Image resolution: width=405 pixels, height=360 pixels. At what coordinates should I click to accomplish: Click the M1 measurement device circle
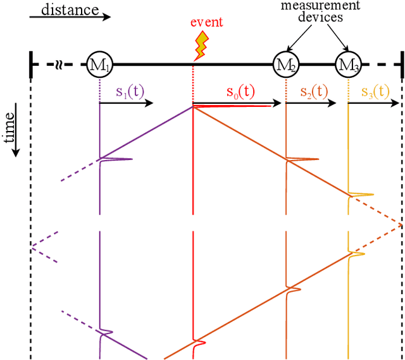pyautogui.click(x=99, y=64)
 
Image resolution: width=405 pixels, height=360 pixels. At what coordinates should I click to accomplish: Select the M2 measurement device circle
pyautogui.click(x=285, y=64)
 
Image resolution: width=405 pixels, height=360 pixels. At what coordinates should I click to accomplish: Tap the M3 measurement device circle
pyautogui.click(x=348, y=64)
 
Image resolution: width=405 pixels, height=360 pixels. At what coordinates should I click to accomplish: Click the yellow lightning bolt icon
pyautogui.click(x=201, y=45)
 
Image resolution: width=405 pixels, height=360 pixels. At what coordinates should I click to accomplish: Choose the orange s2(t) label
pyautogui.click(x=315, y=91)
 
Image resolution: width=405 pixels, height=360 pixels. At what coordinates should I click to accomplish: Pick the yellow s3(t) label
pyautogui.click(x=376, y=91)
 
